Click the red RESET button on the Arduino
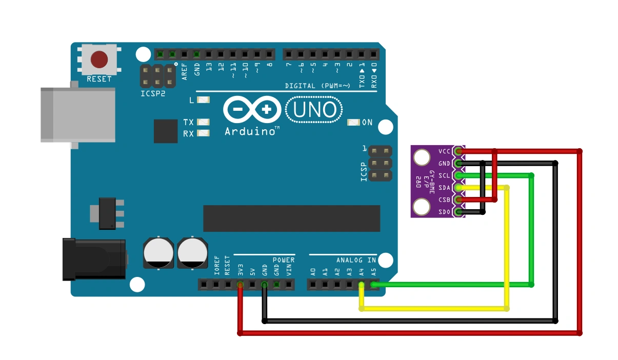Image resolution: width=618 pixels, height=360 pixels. pos(99,59)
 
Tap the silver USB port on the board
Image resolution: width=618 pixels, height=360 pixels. pos(77,114)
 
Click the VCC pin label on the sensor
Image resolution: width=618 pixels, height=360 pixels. pos(444,152)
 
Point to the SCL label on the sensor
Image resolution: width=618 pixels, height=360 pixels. pos(444,176)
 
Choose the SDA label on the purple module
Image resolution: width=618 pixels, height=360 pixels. pos(444,188)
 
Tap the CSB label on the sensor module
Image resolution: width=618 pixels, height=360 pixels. pos(444,200)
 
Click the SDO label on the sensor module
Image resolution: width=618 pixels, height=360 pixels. pos(444,212)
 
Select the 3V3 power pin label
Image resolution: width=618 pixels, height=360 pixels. pos(240,269)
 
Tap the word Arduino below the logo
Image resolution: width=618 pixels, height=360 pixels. pos(250,132)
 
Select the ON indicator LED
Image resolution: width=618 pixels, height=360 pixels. pos(353,123)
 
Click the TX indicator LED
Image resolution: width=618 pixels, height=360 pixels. pos(204,123)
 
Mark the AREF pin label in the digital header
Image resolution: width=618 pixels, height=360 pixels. pos(185,70)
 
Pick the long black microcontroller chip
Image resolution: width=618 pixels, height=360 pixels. pos(291,218)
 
